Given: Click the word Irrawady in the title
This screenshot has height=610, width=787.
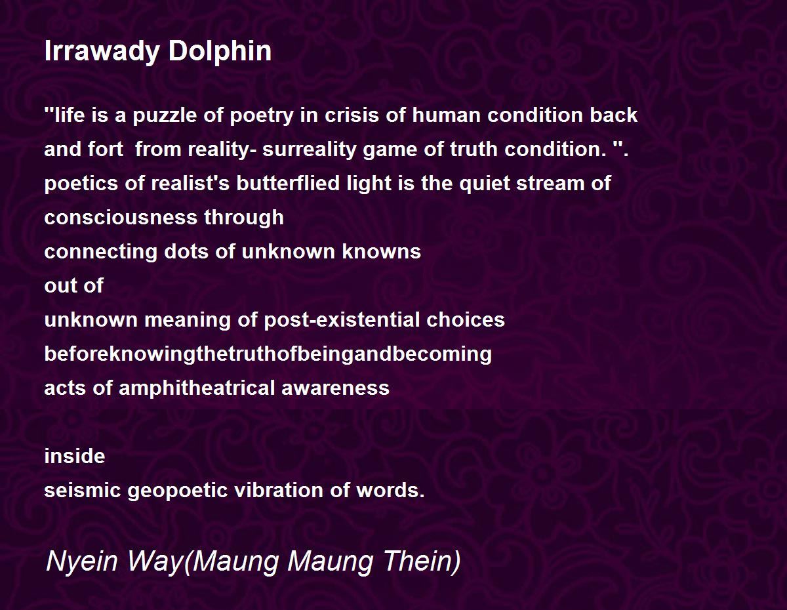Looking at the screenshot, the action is coord(102,51).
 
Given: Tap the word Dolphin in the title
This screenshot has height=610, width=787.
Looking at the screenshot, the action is coord(220,51).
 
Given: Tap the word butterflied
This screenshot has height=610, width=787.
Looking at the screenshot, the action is coord(289,183).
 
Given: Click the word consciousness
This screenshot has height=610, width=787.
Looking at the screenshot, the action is coord(121,217).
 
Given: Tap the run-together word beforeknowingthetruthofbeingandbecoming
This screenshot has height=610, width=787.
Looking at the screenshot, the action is coord(268,354).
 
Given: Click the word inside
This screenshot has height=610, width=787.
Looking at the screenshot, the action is coord(75,456).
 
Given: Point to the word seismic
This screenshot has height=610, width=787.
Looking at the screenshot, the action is coord(83,490).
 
